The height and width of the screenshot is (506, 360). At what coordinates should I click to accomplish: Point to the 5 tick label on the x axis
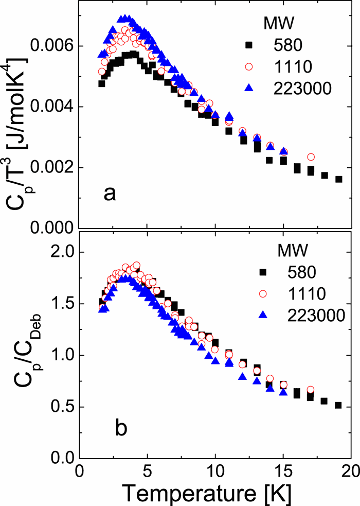coord(148,472)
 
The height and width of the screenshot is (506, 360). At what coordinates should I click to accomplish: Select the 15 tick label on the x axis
coord(283,472)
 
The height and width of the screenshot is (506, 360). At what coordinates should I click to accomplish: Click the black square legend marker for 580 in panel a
coord(264,47)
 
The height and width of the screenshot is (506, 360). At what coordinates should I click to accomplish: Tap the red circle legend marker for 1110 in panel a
coord(264,67)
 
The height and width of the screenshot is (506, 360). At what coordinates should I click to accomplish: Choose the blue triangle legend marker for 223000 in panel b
coord(263,314)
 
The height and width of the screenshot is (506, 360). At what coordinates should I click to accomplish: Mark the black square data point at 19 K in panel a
coord(338,179)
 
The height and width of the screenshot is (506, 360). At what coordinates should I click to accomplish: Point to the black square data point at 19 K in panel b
coord(338,405)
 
